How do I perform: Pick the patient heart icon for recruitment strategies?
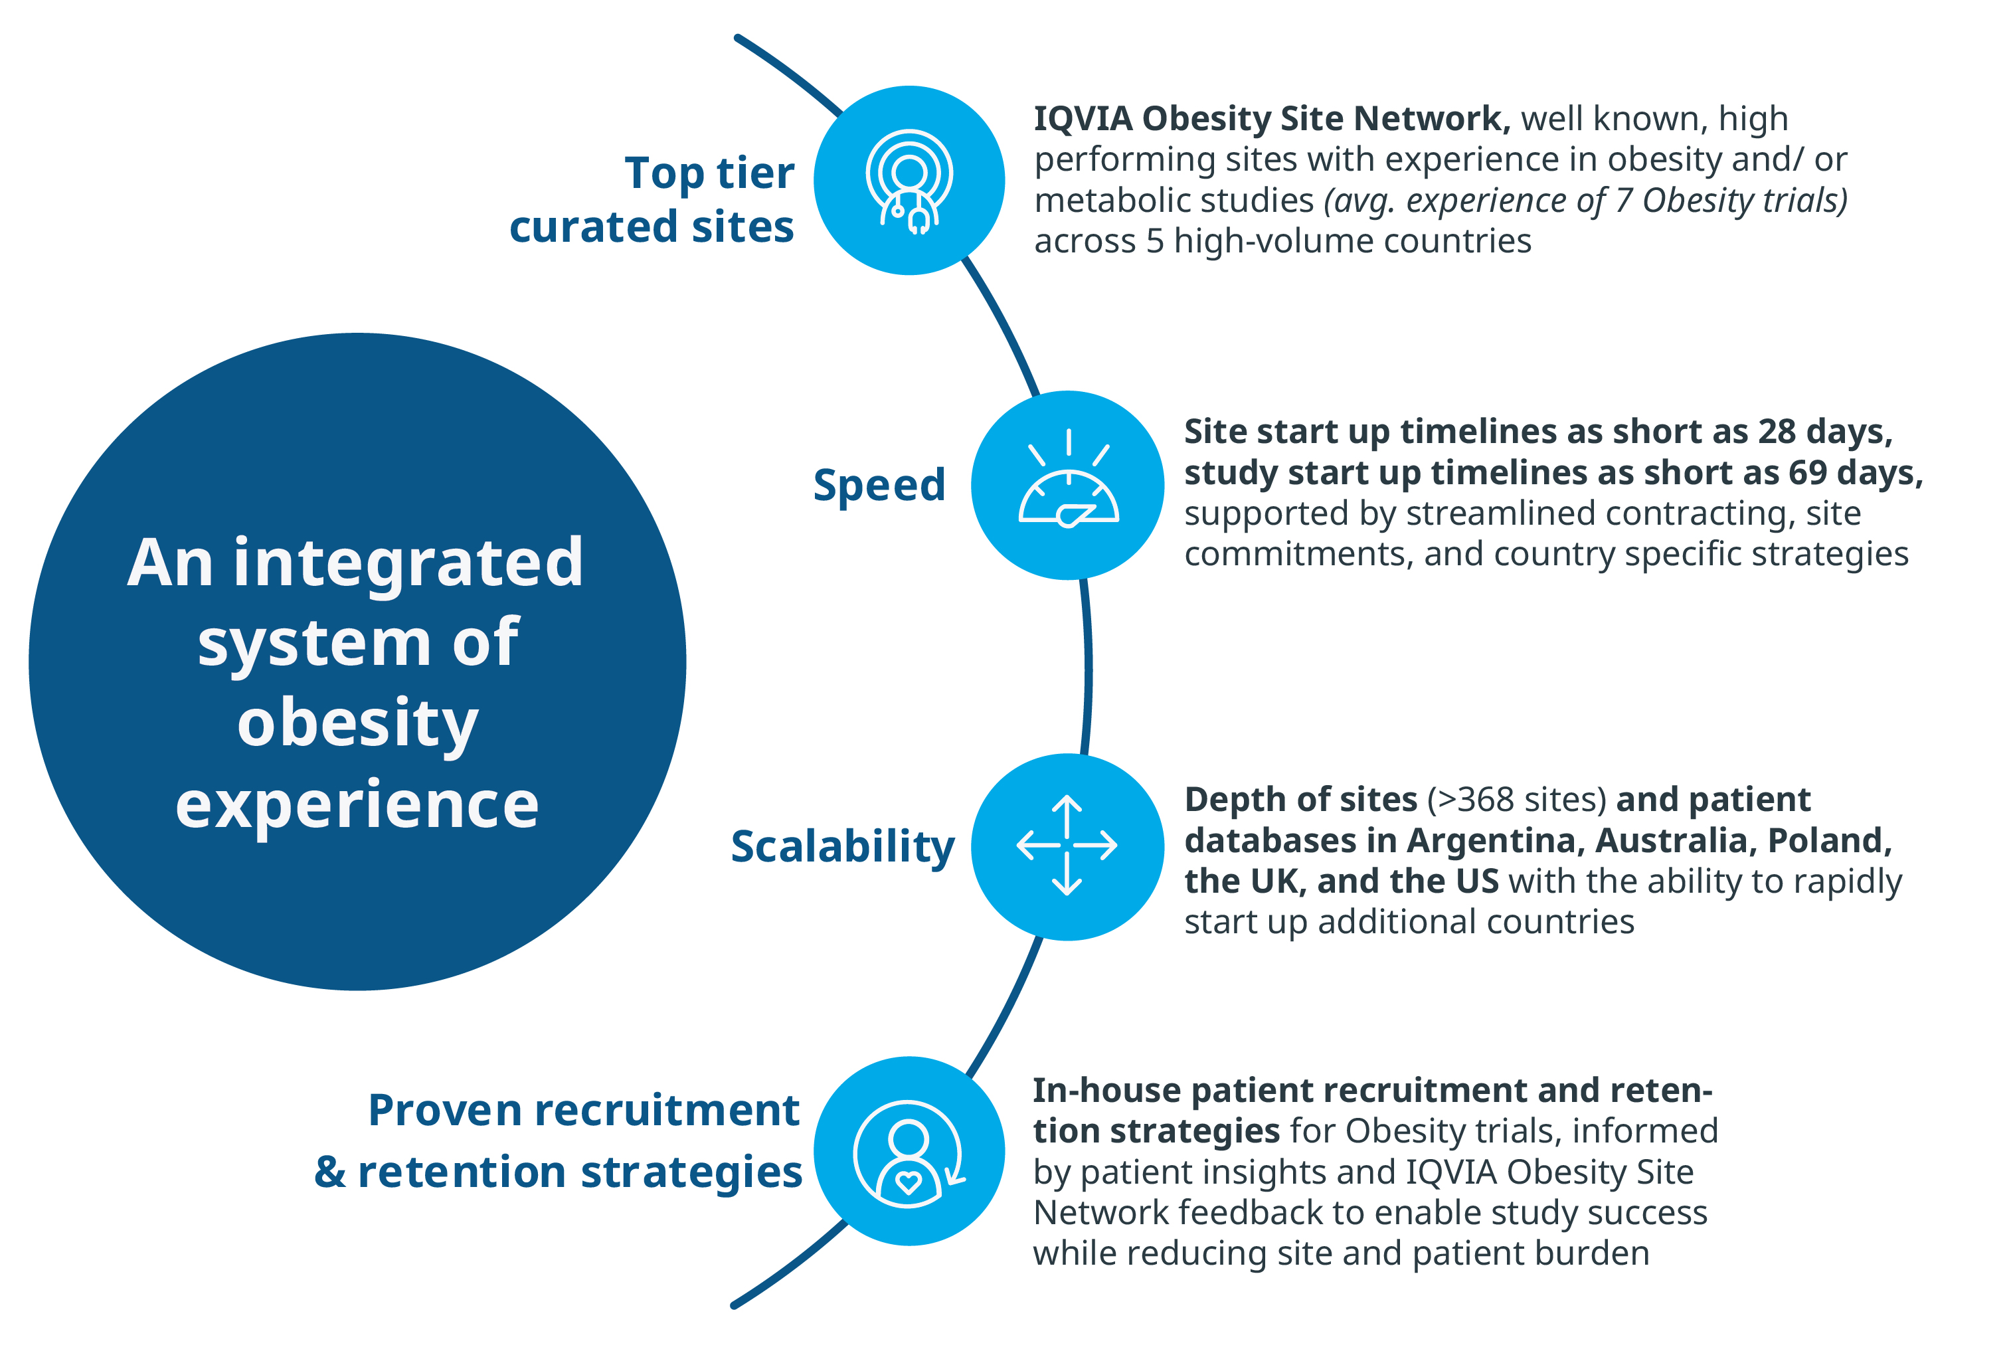909,1152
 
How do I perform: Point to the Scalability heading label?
842,846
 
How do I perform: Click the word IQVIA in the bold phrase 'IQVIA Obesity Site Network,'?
1083,119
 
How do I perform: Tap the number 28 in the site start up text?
1776,431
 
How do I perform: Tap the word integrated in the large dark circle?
408,563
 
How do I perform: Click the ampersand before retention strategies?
330,1172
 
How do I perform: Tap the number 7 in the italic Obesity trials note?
1624,200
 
